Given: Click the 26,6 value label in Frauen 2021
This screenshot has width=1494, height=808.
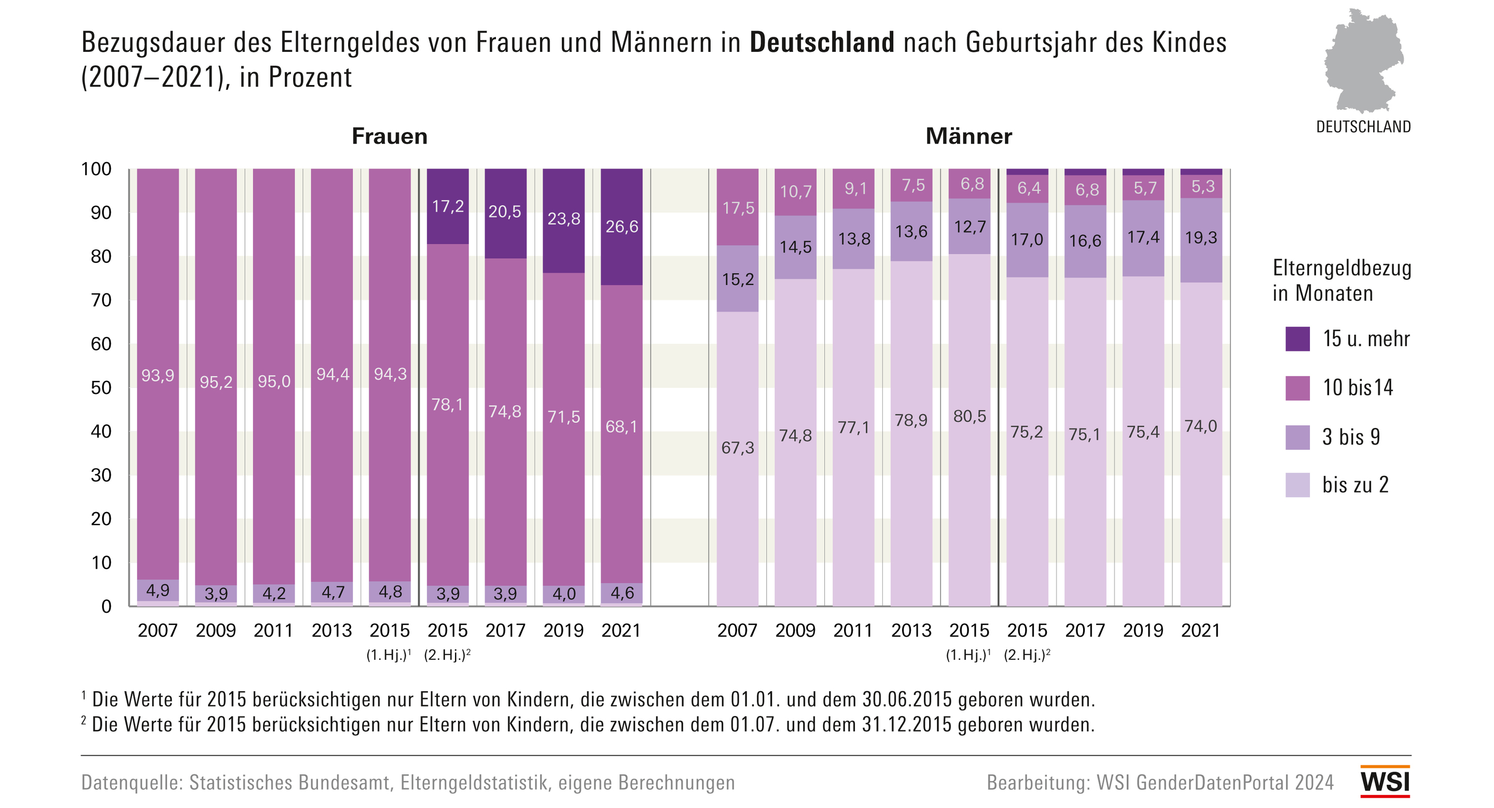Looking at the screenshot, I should pos(622,226).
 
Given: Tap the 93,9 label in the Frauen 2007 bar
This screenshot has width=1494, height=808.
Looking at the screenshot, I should pos(158,376).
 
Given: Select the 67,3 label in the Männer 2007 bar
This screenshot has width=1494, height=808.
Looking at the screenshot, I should pos(738,447).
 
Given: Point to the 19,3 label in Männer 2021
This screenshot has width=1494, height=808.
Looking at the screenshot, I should pos(1201,238).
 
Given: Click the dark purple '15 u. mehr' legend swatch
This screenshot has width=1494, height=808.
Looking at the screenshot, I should pos(1297,339).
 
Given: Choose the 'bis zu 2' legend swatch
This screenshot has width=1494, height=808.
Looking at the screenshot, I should pos(1297,485).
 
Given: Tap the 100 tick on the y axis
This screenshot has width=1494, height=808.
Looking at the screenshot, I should pos(96,169).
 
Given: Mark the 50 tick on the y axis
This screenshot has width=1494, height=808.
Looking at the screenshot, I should pos(101,388).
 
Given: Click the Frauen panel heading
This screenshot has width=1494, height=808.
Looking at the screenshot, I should pos(390,136).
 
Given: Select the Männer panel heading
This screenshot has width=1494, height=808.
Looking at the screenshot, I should pos(969,136).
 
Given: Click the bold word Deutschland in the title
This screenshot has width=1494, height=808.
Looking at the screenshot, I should pos(822,43).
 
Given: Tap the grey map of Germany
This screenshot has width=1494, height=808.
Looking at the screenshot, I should pos(1363,61).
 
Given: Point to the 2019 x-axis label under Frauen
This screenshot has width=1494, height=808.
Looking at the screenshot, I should pos(563,630).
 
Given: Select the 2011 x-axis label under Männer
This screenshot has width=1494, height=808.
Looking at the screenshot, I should pos(853,630).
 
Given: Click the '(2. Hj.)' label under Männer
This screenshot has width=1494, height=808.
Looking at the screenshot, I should pos(1027,655).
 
